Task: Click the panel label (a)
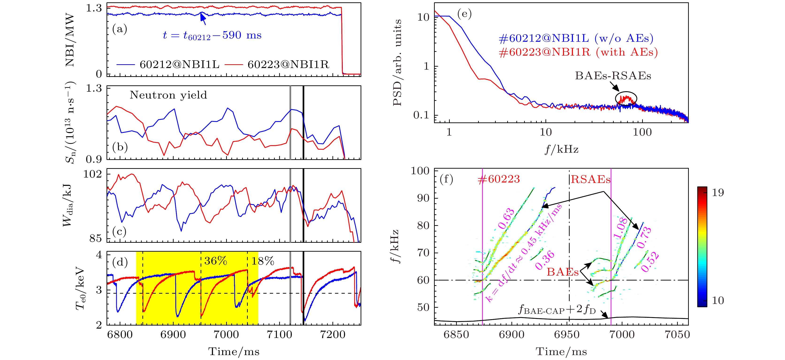119,29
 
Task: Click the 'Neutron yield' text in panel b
168,95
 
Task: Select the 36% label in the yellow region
215,261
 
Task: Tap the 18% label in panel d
263,261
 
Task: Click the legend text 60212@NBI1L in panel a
179,64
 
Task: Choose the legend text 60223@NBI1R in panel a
288,64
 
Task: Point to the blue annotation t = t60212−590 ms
212,36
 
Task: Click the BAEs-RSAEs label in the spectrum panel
613,76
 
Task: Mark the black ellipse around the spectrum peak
626,98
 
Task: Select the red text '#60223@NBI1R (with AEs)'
578,52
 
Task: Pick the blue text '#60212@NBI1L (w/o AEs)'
576,38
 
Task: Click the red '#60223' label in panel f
499,179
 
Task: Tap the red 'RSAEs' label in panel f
590,179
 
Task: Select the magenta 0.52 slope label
650,262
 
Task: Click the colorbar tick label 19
718,193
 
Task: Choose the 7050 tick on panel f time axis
677,334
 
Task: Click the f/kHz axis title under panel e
561,149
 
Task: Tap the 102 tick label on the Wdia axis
93,174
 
